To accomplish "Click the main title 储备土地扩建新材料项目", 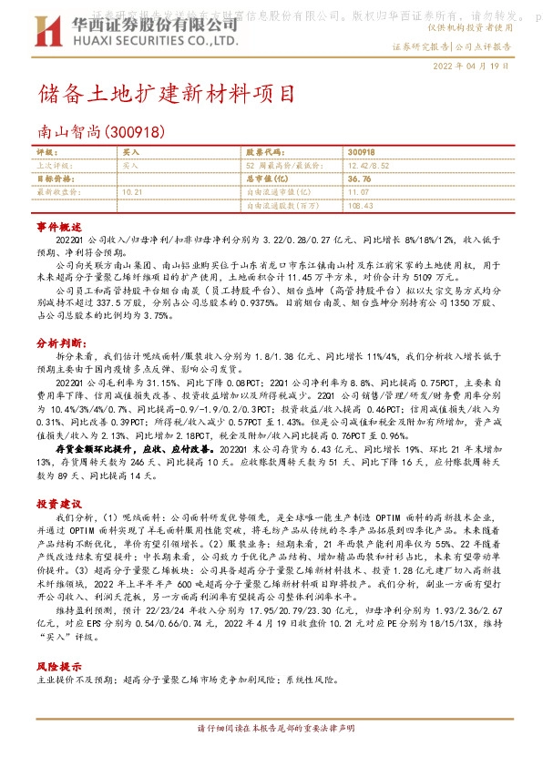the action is pyautogui.click(x=168, y=95).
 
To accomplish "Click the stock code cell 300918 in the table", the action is pyautogui.click(x=361, y=151).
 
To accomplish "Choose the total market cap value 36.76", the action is pyautogui.click(x=359, y=179).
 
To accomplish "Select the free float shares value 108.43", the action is pyautogui.click(x=361, y=206).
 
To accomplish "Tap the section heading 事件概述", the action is pyautogui.click(x=53, y=224).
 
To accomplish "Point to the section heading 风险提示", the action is pyautogui.click(x=53, y=666).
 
